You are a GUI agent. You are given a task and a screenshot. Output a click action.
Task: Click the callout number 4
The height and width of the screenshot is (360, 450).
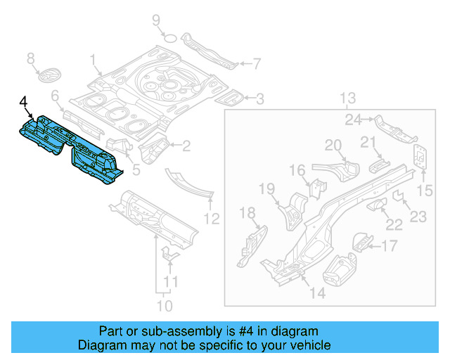click(x=25, y=104)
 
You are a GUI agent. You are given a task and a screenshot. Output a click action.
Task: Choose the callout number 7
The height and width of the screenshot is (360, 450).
click(x=257, y=64)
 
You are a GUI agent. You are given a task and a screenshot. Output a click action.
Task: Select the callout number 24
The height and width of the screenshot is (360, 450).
click(x=353, y=120)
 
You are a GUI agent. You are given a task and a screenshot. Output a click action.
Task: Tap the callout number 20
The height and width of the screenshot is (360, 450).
click(x=333, y=146)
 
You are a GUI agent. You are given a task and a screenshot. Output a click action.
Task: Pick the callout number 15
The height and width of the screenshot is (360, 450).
click(x=425, y=190)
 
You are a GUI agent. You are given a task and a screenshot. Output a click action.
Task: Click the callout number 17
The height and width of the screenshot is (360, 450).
click(x=389, y=245)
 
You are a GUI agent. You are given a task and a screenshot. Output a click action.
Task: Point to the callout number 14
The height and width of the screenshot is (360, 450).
click(x=318, y=292)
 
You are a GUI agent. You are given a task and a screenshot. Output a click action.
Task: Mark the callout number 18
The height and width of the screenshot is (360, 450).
click(x=247, y=214)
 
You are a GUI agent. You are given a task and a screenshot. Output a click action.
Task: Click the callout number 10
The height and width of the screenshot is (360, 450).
click(x=164, y=306)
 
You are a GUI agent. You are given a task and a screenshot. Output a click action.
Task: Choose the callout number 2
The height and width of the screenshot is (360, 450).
click(x=186, y=146)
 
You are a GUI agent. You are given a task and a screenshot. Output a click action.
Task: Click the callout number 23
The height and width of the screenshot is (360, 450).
click(x=418, y=217)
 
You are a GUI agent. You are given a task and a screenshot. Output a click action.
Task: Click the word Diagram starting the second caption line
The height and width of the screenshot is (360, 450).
click(x=100, y=345)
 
